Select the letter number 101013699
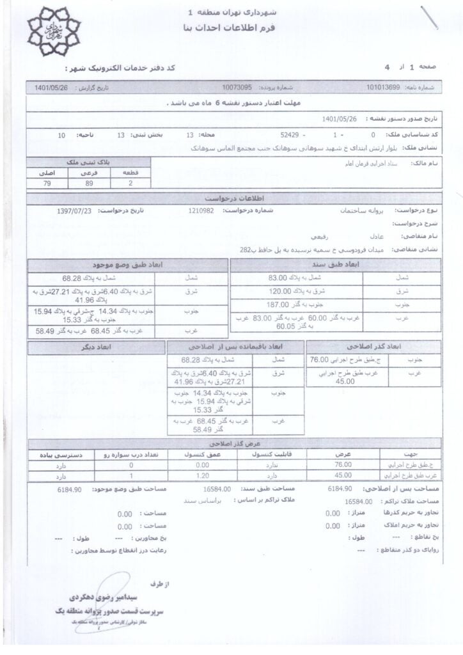click(383, 86)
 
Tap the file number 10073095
click(237, 86)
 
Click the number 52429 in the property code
click(290, 136)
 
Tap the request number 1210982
click(202, 210)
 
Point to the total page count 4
click(386, 67)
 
